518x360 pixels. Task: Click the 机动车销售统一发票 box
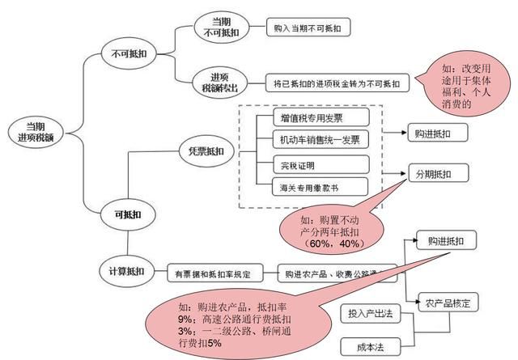point(314,139)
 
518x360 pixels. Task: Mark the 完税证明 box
point(295,166)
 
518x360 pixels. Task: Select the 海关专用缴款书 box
point(311,188)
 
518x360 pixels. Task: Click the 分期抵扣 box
point(439,174)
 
